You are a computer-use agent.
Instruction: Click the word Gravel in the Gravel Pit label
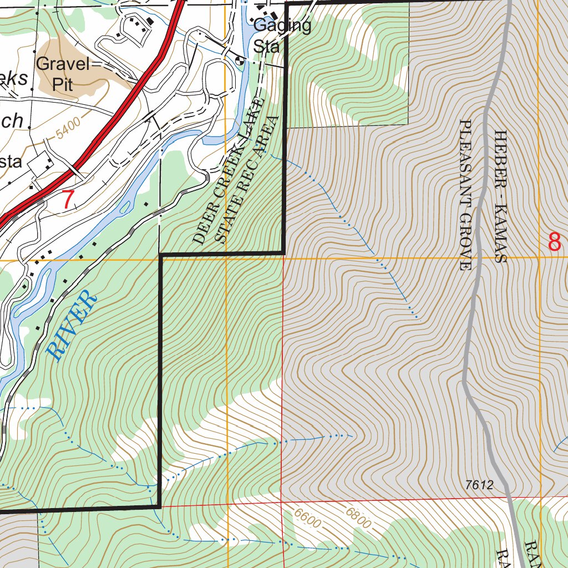coord(63,64)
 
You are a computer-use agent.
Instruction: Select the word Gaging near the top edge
coord(282,26)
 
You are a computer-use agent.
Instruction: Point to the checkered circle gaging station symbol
coord(240,61)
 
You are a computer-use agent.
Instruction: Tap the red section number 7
coord(67,200)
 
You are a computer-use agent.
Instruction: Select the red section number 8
coord(554,242)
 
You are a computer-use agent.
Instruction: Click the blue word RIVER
coord(72,326)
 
